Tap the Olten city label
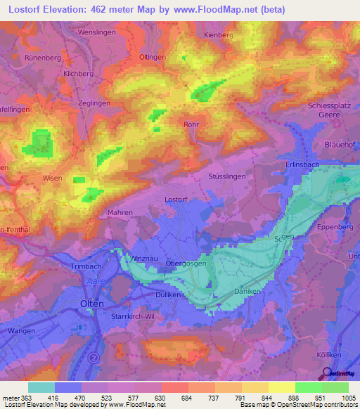pos(92,304)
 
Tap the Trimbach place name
pos(87,268)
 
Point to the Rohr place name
pos(191,124)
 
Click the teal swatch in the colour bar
pos(41,387)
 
